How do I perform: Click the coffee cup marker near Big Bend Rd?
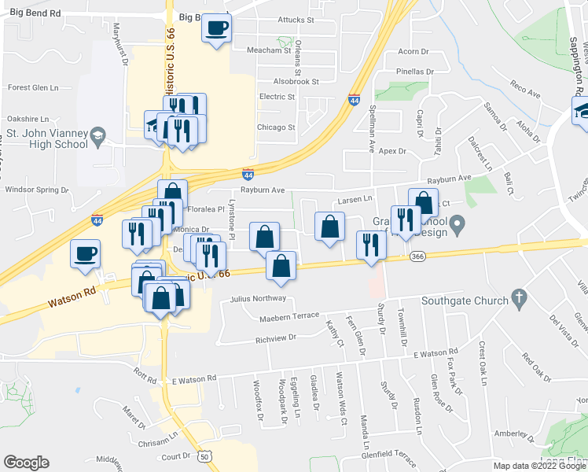pos(216,29)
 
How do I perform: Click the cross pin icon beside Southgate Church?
pos(517,298)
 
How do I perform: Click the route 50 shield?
pos(205,456)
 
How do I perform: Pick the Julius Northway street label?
pos(258,299)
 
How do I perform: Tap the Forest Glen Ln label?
pos(34,88)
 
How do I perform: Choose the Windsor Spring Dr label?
pos(38,190)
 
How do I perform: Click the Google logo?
pos(26,463)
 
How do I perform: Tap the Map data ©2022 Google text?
pos(538,466)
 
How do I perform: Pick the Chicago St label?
pos(276,127)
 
